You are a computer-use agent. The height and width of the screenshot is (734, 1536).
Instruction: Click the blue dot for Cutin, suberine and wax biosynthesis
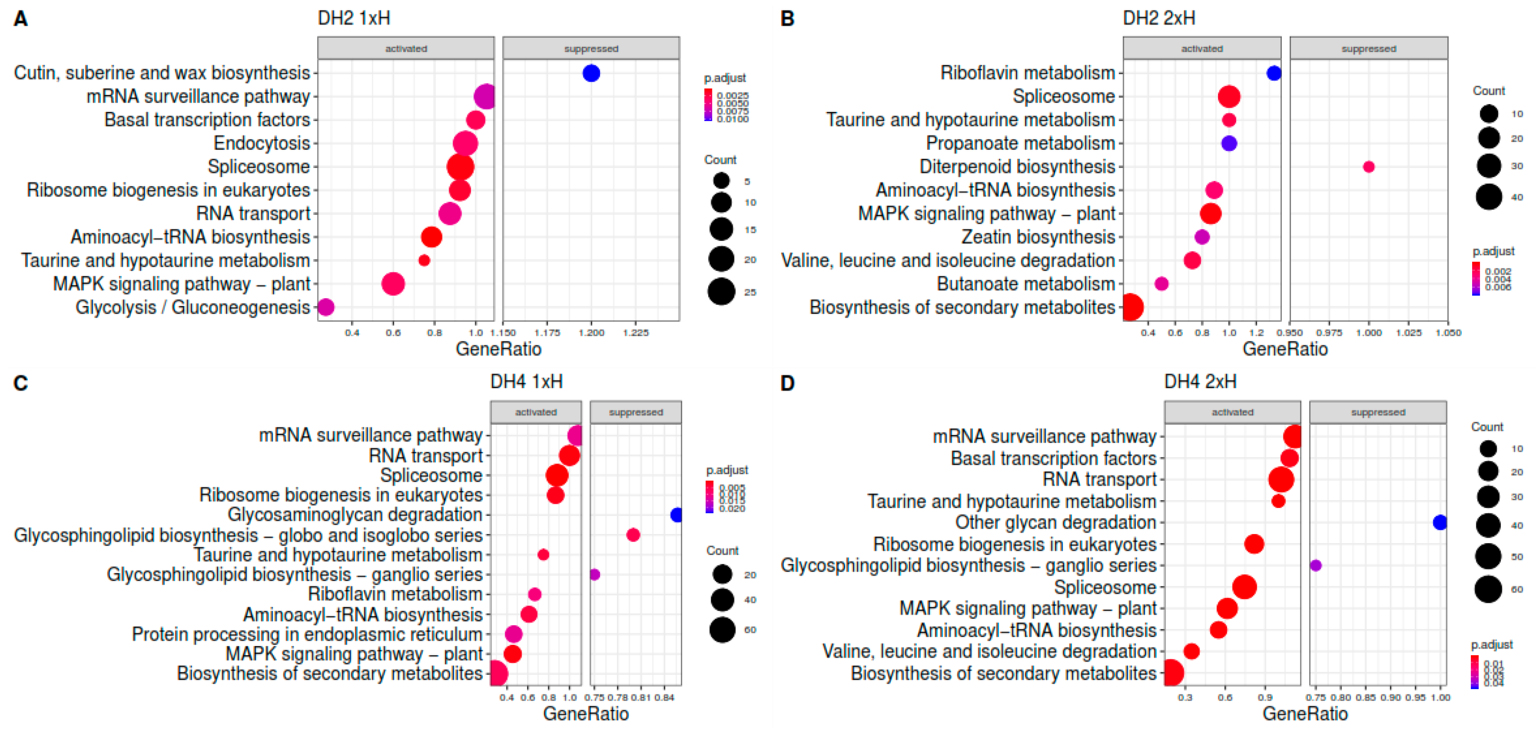591,73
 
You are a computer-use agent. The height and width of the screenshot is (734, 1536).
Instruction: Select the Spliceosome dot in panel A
460,167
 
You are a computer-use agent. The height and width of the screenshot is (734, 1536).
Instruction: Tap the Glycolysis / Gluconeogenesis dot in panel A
326,307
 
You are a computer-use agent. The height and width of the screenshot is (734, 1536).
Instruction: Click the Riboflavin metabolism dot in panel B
1274,73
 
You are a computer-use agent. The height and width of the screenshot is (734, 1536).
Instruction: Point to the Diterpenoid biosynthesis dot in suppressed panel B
1369,167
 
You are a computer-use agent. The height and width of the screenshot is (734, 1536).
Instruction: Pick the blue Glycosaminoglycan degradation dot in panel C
677,515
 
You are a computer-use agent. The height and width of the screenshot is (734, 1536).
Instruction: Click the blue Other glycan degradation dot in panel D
1440,523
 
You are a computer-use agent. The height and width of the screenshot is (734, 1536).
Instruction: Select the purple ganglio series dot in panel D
1316,565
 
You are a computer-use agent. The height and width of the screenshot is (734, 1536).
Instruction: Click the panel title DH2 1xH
354,19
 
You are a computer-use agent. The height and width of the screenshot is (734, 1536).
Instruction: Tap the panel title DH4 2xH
1200,382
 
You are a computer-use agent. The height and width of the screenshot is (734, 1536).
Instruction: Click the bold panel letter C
21,384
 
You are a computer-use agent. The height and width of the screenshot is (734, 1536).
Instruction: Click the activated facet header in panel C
535,412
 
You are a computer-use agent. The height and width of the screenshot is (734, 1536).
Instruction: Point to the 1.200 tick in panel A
591,333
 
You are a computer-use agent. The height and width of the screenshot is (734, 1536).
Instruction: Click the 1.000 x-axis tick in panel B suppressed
1368,333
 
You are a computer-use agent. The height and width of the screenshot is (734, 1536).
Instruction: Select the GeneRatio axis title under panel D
1305,714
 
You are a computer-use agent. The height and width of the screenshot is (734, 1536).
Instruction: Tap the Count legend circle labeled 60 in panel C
722,629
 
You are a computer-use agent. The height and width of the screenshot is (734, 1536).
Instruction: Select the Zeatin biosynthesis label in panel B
1038,237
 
